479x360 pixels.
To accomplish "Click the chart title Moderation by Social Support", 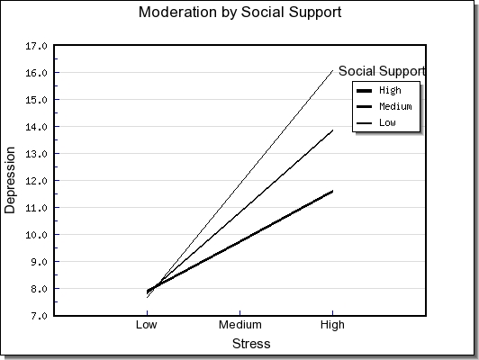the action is click(239, 13).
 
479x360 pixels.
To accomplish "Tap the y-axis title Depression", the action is click(10, 180).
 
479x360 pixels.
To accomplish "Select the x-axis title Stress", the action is click(251, 344).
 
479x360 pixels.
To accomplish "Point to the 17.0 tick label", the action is click(36, 46).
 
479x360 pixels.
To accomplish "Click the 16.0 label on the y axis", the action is click(36, 73).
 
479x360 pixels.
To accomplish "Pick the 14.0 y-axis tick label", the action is click(36, 127).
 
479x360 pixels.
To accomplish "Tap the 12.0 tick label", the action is click(36, 181).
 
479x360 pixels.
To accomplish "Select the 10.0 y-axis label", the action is click(36, 235).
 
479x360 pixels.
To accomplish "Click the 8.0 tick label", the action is click(39, 289).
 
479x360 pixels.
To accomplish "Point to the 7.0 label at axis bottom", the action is click(39, 315).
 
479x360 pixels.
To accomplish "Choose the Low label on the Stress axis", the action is click(147, 325).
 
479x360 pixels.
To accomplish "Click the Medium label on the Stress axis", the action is click(240, 325).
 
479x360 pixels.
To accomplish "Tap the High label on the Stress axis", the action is click(332, 325).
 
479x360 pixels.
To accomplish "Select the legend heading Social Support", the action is click(382, 71).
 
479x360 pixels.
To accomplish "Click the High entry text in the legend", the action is click(390, 90).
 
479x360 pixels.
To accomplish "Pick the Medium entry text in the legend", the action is click(395, 106).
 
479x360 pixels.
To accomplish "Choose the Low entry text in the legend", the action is click(387, 122).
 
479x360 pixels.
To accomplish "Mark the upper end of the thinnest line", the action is click(332, 70).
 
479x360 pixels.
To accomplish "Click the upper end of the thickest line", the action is click(332, 192).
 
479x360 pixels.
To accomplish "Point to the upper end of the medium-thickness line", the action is click(332, 130).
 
